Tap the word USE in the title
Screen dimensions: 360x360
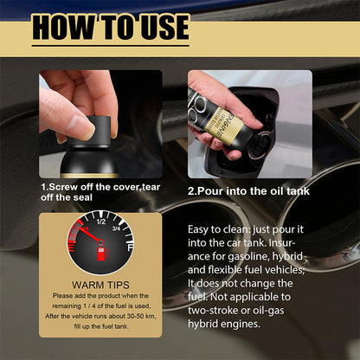tap(154, 27)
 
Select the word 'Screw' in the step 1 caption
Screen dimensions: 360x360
tap(67, 186)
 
